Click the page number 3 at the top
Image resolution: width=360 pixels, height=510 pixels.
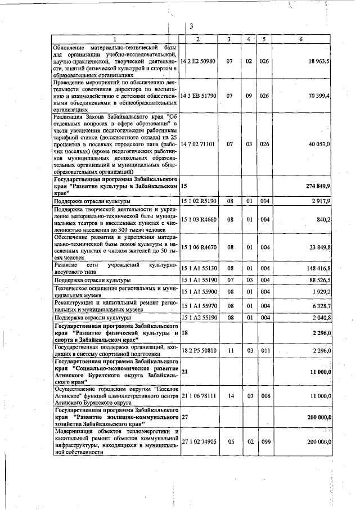(191, 26)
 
